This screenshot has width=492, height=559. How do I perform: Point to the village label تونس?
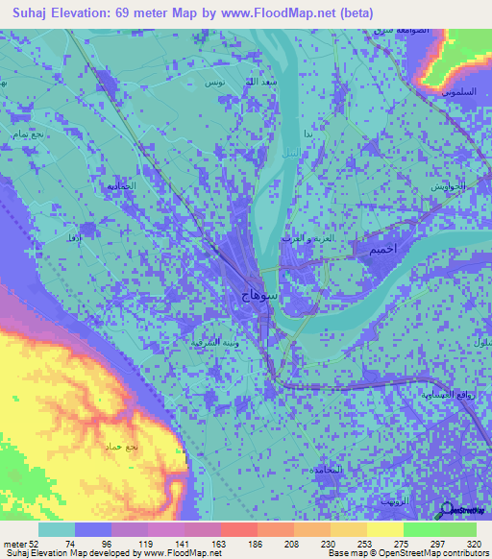[x=214, y=84]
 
